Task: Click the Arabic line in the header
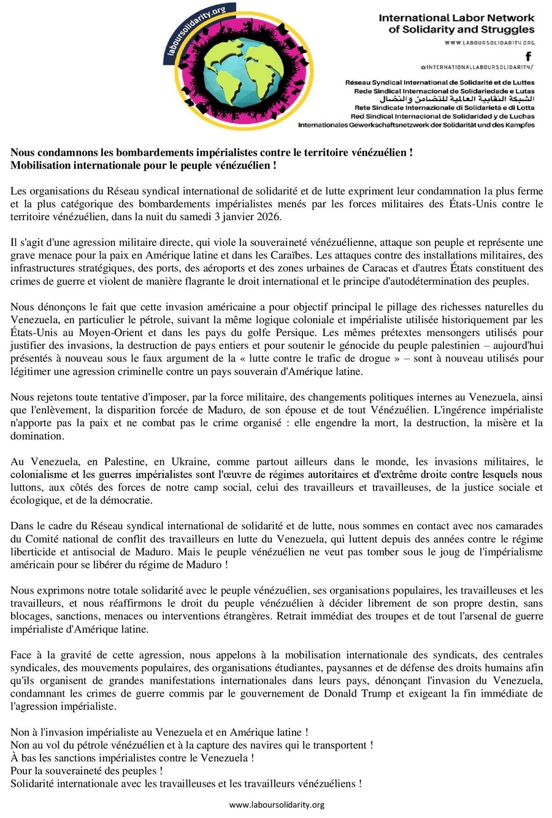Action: (458, 98)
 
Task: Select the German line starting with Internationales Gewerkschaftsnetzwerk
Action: (416, 124)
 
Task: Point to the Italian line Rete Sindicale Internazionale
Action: (442, 107)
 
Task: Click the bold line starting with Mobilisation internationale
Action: (143, 165)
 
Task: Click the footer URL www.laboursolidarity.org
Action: (277, 805)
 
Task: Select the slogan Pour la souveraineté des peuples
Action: (86, 770)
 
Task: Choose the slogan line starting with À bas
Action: (132, 757)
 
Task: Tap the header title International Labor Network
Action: (456, 18)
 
